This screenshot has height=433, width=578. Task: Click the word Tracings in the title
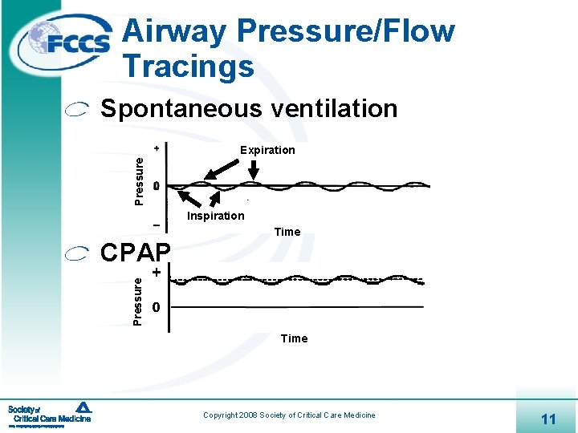[x=189, y=66]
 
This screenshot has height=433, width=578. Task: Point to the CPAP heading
[x=135, y=253]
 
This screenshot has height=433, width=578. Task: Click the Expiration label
[x=267, y=150]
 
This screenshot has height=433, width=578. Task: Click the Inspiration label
[x=215, y=216]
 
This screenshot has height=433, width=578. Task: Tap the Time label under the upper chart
[x=287, y=232]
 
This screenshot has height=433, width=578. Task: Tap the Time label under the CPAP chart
[x=294, y=338]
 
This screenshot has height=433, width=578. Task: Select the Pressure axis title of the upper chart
[x=139, y=180]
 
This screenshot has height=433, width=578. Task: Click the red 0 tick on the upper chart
[x=156, y=187]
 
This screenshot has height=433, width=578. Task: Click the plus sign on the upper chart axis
[x=156, y=149]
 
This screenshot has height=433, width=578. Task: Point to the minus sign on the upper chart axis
[x=156, y=223]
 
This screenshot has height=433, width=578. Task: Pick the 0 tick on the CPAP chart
[x=157, y=308]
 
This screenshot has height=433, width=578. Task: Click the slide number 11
[x=549, y=419]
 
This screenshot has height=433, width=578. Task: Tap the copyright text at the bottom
[x=289, y=415]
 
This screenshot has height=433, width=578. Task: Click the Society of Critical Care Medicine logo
[x=50, y=415]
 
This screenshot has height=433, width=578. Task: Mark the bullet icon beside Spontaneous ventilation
[x=77, y=111]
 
